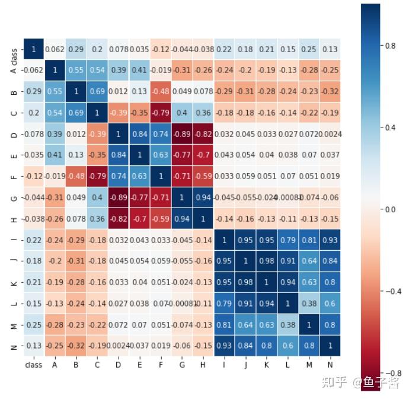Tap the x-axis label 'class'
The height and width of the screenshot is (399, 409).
coord(33,365)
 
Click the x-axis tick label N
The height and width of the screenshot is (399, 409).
coord(330,365)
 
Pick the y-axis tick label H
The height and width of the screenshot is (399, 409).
coord(14,218)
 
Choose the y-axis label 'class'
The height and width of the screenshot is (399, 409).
coord(14,57)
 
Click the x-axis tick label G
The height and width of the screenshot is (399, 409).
coord(181,365)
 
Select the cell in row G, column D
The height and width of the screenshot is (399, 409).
coord(118,197)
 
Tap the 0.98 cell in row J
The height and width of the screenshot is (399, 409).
coord(266,261)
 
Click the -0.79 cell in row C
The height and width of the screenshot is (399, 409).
coord(160,113)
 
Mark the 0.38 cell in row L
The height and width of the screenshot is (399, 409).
coord(309,304)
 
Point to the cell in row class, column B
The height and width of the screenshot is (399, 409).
coord(75,49)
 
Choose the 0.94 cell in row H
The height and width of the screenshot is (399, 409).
coord(181,218)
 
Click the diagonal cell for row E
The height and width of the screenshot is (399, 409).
coord(139,155)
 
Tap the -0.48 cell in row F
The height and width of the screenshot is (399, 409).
coord(75,176)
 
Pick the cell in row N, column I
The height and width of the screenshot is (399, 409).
coord(224,346)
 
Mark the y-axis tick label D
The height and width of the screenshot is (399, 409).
coord(14,134)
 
